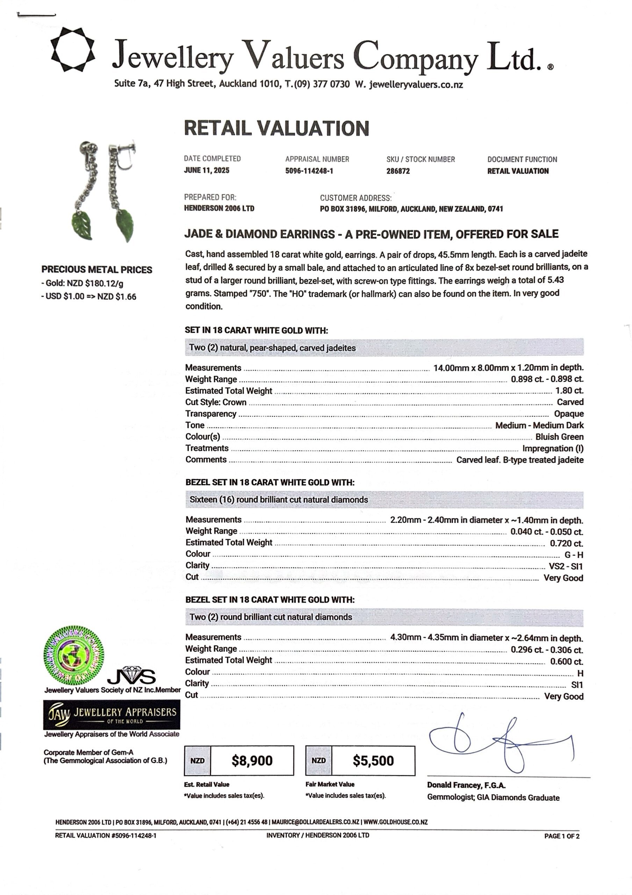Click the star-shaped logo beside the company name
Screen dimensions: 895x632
[x=73, y=50]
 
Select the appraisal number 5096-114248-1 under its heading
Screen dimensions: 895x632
[x=309, y=171]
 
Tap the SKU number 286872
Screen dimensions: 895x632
[x=398, y=171]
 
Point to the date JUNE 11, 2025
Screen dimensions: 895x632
[x=207, y=170]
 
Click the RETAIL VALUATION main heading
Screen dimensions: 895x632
[x=276, y=128]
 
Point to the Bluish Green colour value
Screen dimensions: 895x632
[x=559, y=437]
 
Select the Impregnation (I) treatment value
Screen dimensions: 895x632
[x=553, y=448]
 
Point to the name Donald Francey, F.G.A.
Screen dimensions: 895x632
[x=466, y=785]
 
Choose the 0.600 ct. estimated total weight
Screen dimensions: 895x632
[x=567, y=661]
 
